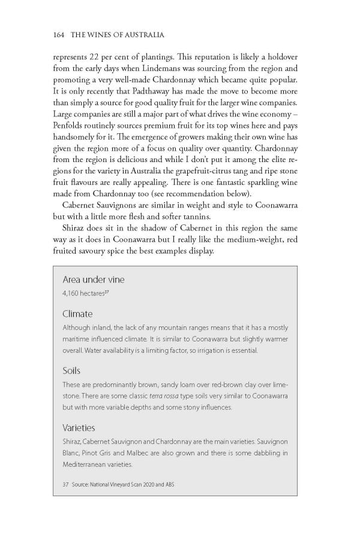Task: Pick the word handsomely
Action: [86, 146]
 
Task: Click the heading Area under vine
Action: [93, 280]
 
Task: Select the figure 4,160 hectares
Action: [85, 294]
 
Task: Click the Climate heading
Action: [77, 314]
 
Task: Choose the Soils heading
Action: [71, 371]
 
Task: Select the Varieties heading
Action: [79, 428]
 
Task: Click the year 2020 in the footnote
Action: [141, 484]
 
